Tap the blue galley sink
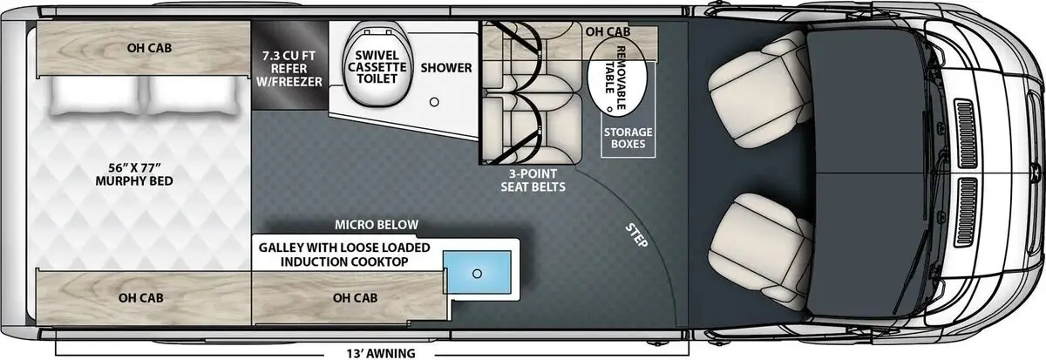pos(477,273)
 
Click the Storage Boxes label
pos(628,138)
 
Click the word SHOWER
pos(446,68)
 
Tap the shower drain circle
pos(433,101)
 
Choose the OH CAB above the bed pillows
pos(141,48)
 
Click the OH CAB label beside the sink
pos(355,297)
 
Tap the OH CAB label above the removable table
pos(607,32)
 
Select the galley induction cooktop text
pos(344,255)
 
